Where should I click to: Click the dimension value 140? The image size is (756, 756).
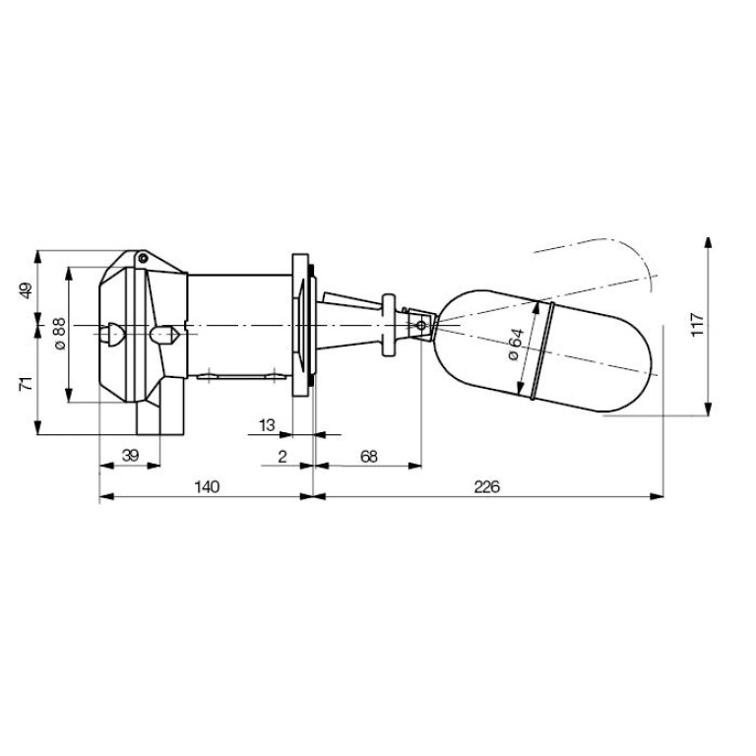[206, 486]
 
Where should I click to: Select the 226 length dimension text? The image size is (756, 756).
[487, 486]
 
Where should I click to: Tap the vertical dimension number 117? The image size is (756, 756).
[698, 326]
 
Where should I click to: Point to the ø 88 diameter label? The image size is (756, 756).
[58, 335]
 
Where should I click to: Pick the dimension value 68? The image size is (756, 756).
[368, 457]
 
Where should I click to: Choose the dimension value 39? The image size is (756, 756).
[129, 457]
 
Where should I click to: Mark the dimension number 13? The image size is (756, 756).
[266, 424]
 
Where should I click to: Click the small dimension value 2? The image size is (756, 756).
[283, 457]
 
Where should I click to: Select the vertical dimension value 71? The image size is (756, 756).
[27, 383]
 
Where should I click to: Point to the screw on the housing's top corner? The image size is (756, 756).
[144, 259]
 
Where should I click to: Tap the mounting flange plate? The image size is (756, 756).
[299, 325]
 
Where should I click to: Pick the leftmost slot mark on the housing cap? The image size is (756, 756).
[114, 334]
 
